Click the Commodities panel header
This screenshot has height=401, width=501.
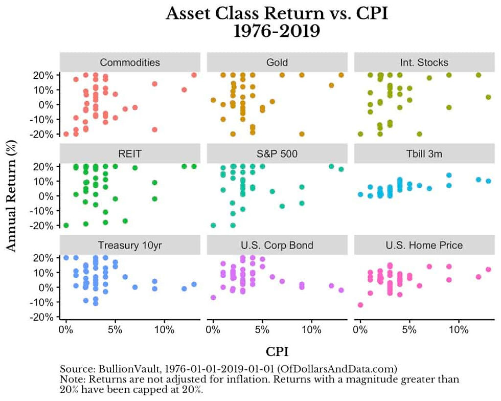click(x=130, y=62)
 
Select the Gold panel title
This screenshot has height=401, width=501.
click(x=277, y=62)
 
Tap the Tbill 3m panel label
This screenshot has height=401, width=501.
click(x=424, y=154)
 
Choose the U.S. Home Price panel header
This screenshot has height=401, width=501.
click(x=424, y=246)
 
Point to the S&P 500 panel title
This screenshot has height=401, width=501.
click(x=277, y=154)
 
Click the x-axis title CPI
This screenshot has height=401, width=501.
click(x=277, y=352)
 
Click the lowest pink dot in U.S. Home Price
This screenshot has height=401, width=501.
click(x=360, y=305)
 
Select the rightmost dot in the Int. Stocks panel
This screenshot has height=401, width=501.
click(x=488, y=97)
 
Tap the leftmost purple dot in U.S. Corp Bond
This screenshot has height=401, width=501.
click(x=213, y=297)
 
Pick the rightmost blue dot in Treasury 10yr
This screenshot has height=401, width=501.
click(x=194, y=284)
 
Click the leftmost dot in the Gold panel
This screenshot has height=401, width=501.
click(x=213, y=100)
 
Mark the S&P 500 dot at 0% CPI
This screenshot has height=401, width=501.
click(x=213, y=225)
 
